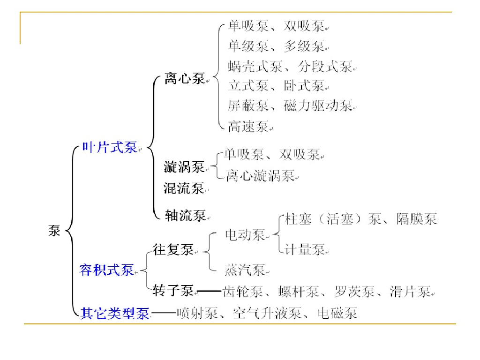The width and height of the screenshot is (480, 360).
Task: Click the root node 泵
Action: point(54,230)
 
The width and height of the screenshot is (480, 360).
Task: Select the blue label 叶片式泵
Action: point(109,148)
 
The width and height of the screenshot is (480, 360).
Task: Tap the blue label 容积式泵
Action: point(106,270)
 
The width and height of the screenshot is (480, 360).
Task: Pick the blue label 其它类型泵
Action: point(115,313)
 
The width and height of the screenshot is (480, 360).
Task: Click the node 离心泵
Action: point(184,79)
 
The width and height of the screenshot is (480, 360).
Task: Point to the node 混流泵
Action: point(184,188)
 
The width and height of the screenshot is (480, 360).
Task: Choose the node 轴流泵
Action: point(186,215)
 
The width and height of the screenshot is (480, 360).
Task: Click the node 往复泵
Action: point(173,250)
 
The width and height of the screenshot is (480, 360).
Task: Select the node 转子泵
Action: point(173,291)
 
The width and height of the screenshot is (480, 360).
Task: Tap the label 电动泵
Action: point(245,234)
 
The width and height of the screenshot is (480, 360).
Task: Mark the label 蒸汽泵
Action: point(245,270)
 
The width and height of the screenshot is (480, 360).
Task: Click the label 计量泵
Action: point(305,249)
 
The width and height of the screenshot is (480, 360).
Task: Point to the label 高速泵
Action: point(248,126)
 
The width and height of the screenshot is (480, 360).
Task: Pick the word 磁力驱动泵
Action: point(318,106)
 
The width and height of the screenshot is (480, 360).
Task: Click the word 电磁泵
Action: point(337,313)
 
